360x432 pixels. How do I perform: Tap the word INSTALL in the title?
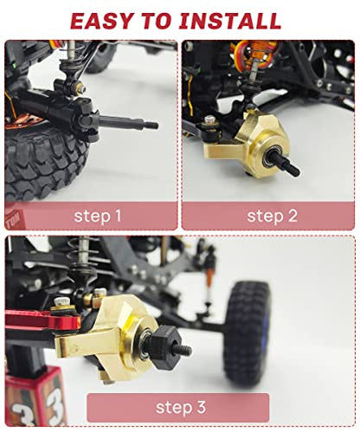click(x=230, y=21)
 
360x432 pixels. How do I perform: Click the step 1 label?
click(x=98, y=216)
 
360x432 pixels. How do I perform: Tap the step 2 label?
click(x=272, y=216)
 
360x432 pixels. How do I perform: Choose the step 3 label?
click(x=181, y=407)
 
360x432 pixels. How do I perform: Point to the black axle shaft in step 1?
click(x=128, y=122)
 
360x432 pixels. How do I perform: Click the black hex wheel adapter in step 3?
click(x=165, y=348)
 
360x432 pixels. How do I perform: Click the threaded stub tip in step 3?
click(x=184, y=351)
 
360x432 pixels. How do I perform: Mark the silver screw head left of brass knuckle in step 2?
click(x=209, y=119)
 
